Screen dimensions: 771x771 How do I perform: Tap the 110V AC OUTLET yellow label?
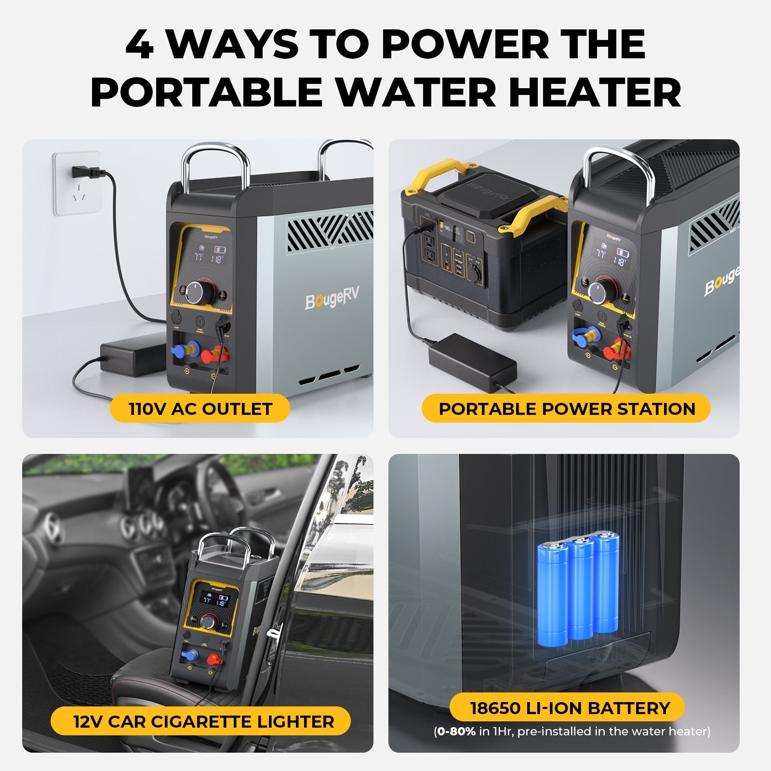(200, 409)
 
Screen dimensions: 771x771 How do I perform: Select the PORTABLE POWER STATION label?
(566, 409)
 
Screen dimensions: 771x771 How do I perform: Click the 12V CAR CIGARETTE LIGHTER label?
(203, 721)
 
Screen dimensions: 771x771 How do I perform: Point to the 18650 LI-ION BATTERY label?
(570, 708)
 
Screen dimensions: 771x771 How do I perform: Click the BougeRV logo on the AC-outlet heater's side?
(332, 298)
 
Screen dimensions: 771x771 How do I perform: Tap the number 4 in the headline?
(140, 44)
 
